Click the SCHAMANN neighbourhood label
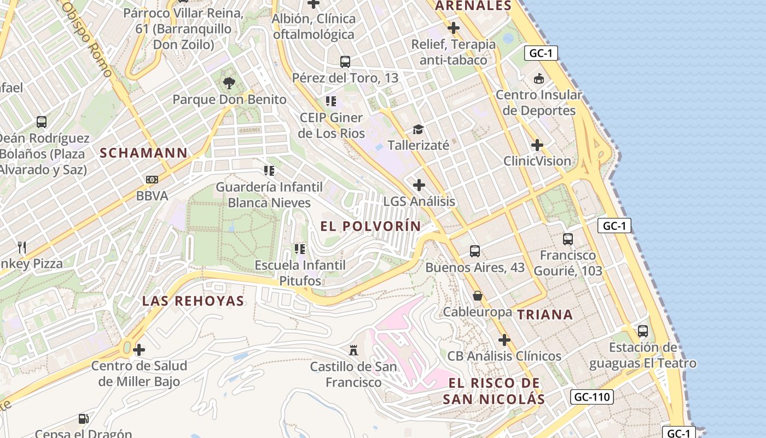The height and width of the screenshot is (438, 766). pos(144,153)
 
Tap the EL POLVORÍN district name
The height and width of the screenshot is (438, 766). pos(371,226)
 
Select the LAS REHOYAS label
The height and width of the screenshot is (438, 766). pos(193,301)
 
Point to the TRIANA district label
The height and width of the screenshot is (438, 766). pos(545,314)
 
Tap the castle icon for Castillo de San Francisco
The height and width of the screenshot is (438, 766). pos(353,349)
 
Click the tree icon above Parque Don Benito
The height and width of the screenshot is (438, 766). pos(229,83)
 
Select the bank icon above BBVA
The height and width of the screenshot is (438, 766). pos(152,179)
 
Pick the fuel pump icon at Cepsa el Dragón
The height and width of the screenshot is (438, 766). pos(84,419)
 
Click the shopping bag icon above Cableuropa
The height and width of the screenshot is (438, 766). pos(478,296)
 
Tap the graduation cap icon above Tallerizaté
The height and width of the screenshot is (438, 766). pos(419,129)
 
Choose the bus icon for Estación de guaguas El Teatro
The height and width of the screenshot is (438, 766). pos(643,331)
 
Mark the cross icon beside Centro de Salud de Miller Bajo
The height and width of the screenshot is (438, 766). pos(139,349)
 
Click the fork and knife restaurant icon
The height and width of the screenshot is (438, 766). pos(22,247)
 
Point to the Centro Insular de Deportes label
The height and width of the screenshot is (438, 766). pos(539,102)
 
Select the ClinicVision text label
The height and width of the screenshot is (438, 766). pos(537,161)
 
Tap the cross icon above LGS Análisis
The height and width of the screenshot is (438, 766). pos(419,185)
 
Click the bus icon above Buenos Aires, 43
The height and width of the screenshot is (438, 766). pos(475,251)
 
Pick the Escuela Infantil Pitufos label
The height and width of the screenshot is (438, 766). pos(300,273)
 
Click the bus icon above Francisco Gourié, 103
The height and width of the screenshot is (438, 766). pos(568,239)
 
